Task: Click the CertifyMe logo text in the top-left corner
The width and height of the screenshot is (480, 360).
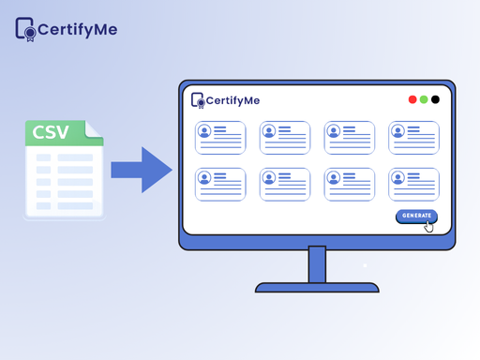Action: pos(78,29)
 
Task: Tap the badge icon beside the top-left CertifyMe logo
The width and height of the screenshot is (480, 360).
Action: pos(25,29)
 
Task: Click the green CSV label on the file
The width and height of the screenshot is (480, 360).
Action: pos(51,132)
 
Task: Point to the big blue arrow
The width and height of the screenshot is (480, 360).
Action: pos(142,169)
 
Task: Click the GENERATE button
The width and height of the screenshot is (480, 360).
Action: pos(416,216)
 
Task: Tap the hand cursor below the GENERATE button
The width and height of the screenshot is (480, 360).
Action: pos(429,226)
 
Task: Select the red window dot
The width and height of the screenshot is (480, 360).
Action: pos(412,99)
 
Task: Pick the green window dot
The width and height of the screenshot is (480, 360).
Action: pos(424,99)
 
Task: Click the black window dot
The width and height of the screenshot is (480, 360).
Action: pos(435,99)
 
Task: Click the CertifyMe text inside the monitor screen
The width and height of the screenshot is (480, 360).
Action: pos(232,100)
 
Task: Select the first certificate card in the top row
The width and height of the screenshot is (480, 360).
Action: pos(220,138)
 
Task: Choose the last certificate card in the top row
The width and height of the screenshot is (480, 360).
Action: pos(413,138)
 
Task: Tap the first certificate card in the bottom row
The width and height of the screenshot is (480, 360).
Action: pos(220,184)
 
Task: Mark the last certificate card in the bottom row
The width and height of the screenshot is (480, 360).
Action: pos(413,184)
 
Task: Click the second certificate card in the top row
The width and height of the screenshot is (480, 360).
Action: pos(285,138)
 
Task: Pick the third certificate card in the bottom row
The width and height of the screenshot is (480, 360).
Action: pos(349,184)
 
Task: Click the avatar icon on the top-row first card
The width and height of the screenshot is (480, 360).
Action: pos(204,132)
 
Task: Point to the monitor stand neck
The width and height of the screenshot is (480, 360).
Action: pos(317,264)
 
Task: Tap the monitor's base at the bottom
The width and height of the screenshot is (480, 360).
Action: pos(317,287)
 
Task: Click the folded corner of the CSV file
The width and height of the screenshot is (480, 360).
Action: pos(95,126)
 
